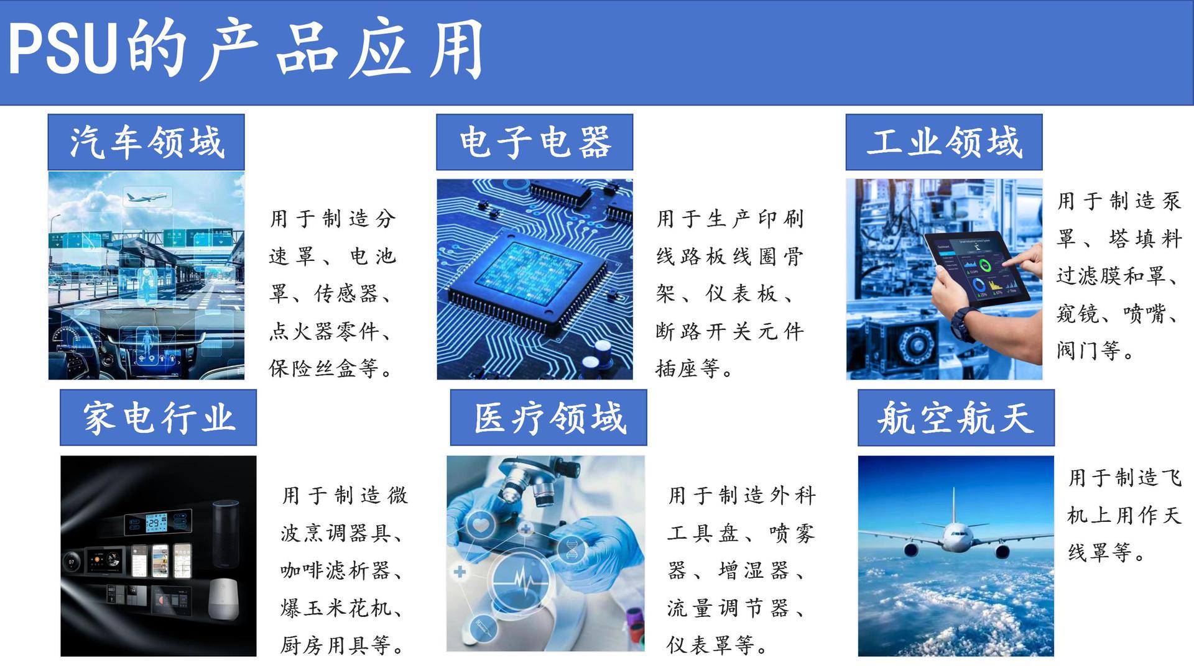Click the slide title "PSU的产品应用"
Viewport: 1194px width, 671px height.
point(246,50)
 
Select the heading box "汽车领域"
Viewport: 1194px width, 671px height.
point(146,142)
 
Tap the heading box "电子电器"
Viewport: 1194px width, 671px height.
point(534,142)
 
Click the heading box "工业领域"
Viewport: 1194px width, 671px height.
point(943,142)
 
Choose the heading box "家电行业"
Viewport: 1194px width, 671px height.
point(158,418)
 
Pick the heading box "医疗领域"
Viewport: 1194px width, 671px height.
point(548,418)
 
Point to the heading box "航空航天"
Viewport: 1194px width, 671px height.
point(956,418)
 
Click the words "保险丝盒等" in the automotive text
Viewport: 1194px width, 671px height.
point(323,369)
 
